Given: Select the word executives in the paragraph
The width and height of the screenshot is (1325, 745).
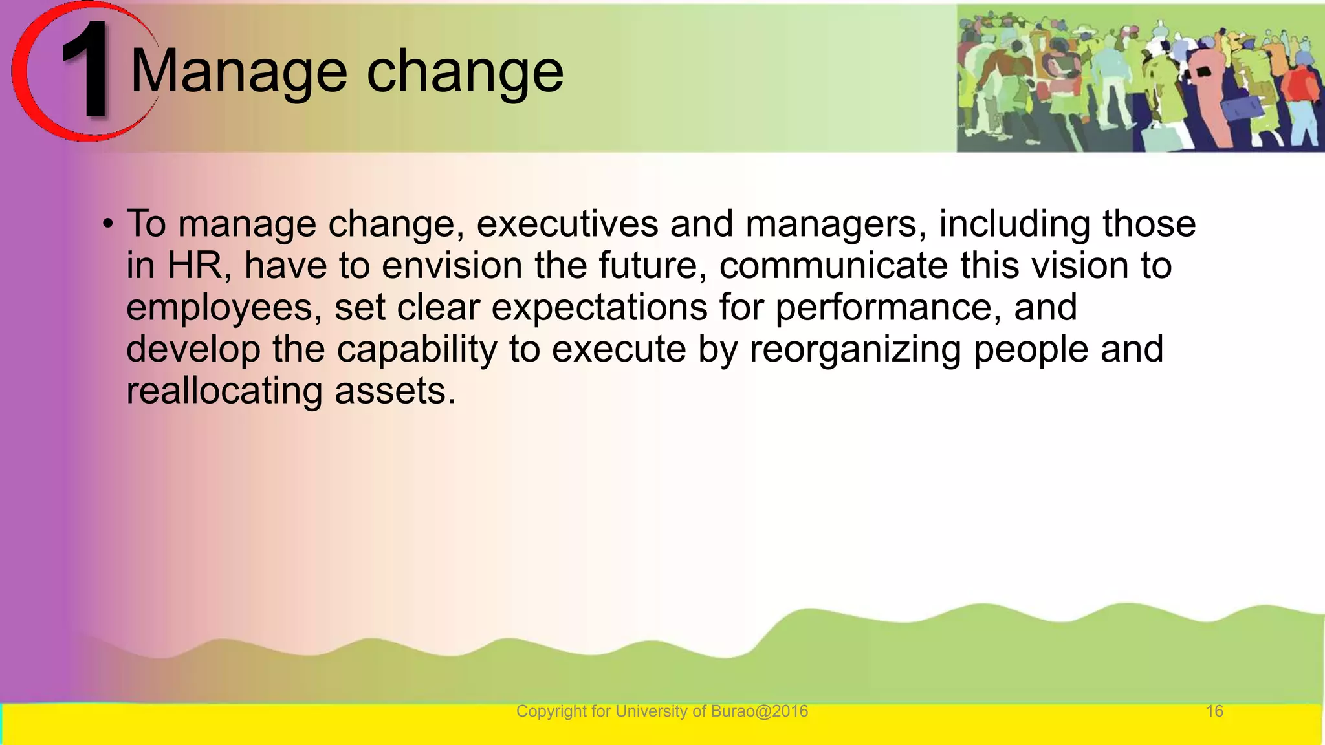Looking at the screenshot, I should coord(567,224).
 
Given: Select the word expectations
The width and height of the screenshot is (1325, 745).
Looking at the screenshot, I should coord(599,308).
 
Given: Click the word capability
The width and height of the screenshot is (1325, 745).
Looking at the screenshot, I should coord(417,350).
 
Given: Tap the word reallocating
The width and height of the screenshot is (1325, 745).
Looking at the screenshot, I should coord(224,392).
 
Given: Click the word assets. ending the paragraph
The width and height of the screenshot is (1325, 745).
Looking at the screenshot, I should coord(395,392).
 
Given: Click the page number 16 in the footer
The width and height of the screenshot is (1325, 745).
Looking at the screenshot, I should coord(1214,711).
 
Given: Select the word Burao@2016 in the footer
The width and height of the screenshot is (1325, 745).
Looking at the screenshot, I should coord(759,711).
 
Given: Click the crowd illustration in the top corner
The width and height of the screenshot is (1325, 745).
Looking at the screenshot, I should coord(1140,78).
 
